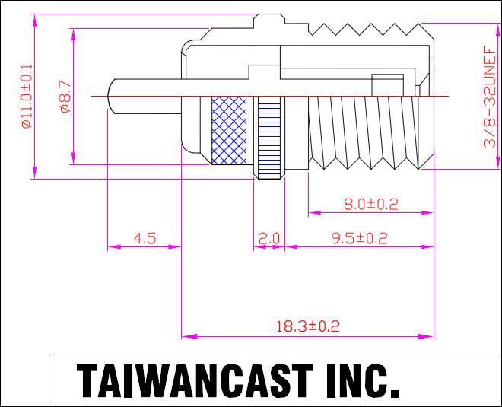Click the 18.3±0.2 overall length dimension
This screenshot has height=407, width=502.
click(x=308, y=326)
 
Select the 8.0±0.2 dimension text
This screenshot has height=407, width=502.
click(x=370, y=205)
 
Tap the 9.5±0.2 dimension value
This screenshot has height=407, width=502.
click(x=360, y=239)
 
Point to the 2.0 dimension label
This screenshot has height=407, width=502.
click(x=269, y=239)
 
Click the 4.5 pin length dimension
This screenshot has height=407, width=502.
click(x=145, y=239)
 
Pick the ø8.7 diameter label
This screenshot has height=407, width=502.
click(x=65, y=97)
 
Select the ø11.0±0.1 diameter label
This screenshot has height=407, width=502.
click(x=27, y=96)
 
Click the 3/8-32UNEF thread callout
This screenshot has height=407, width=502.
click(x=489, y=96)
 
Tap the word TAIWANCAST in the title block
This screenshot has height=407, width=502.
click(x=195, y=380)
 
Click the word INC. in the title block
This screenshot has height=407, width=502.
click(x=362, y=380)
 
